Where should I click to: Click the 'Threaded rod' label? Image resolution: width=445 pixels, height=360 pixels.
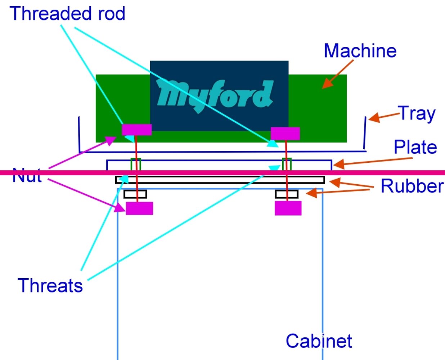pyautogui.click(x=68, y=13)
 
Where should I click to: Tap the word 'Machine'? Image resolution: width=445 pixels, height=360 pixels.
pyautogui.click(x=360, y=51)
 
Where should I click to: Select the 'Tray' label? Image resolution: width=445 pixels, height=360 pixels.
pyautogui.click(x=417, y=114)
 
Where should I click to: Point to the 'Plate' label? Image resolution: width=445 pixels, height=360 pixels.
pyautogui.click(x=415, y=147)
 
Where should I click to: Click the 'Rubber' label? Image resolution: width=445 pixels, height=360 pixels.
pyautogui.click(x=412, y=186)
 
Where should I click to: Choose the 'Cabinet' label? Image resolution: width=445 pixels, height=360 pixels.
pyautogui.click(x=319, y=341)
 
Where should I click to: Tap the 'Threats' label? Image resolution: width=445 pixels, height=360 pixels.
pyautogui.click(x=50, y=285)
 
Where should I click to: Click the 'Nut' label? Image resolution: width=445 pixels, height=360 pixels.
pyautogui.click(x=27, y=176)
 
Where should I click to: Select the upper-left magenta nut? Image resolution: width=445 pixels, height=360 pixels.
pyautogui.click(x=136, y=130)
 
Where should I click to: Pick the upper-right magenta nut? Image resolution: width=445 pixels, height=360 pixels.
pyautogui.click(x=285, y=134)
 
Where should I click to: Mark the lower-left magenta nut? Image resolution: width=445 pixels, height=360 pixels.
pyautogui.click(x=139, y=208)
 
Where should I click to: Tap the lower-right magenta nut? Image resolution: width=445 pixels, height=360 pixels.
pyautogui.click(x=288, y=208)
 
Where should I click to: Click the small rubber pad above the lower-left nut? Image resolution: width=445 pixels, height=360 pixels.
pyautogui.click(x=135, y=194)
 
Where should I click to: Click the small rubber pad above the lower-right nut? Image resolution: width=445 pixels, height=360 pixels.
pyautogui.click(x=287, y=194)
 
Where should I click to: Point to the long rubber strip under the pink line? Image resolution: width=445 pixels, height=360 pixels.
pyautogui.click(x=220, y=180)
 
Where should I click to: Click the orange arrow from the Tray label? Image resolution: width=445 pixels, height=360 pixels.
pyautogui.click(x=383, y=117)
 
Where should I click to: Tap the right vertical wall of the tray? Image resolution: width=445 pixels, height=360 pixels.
pyautogui.click(x=365, y=132)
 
